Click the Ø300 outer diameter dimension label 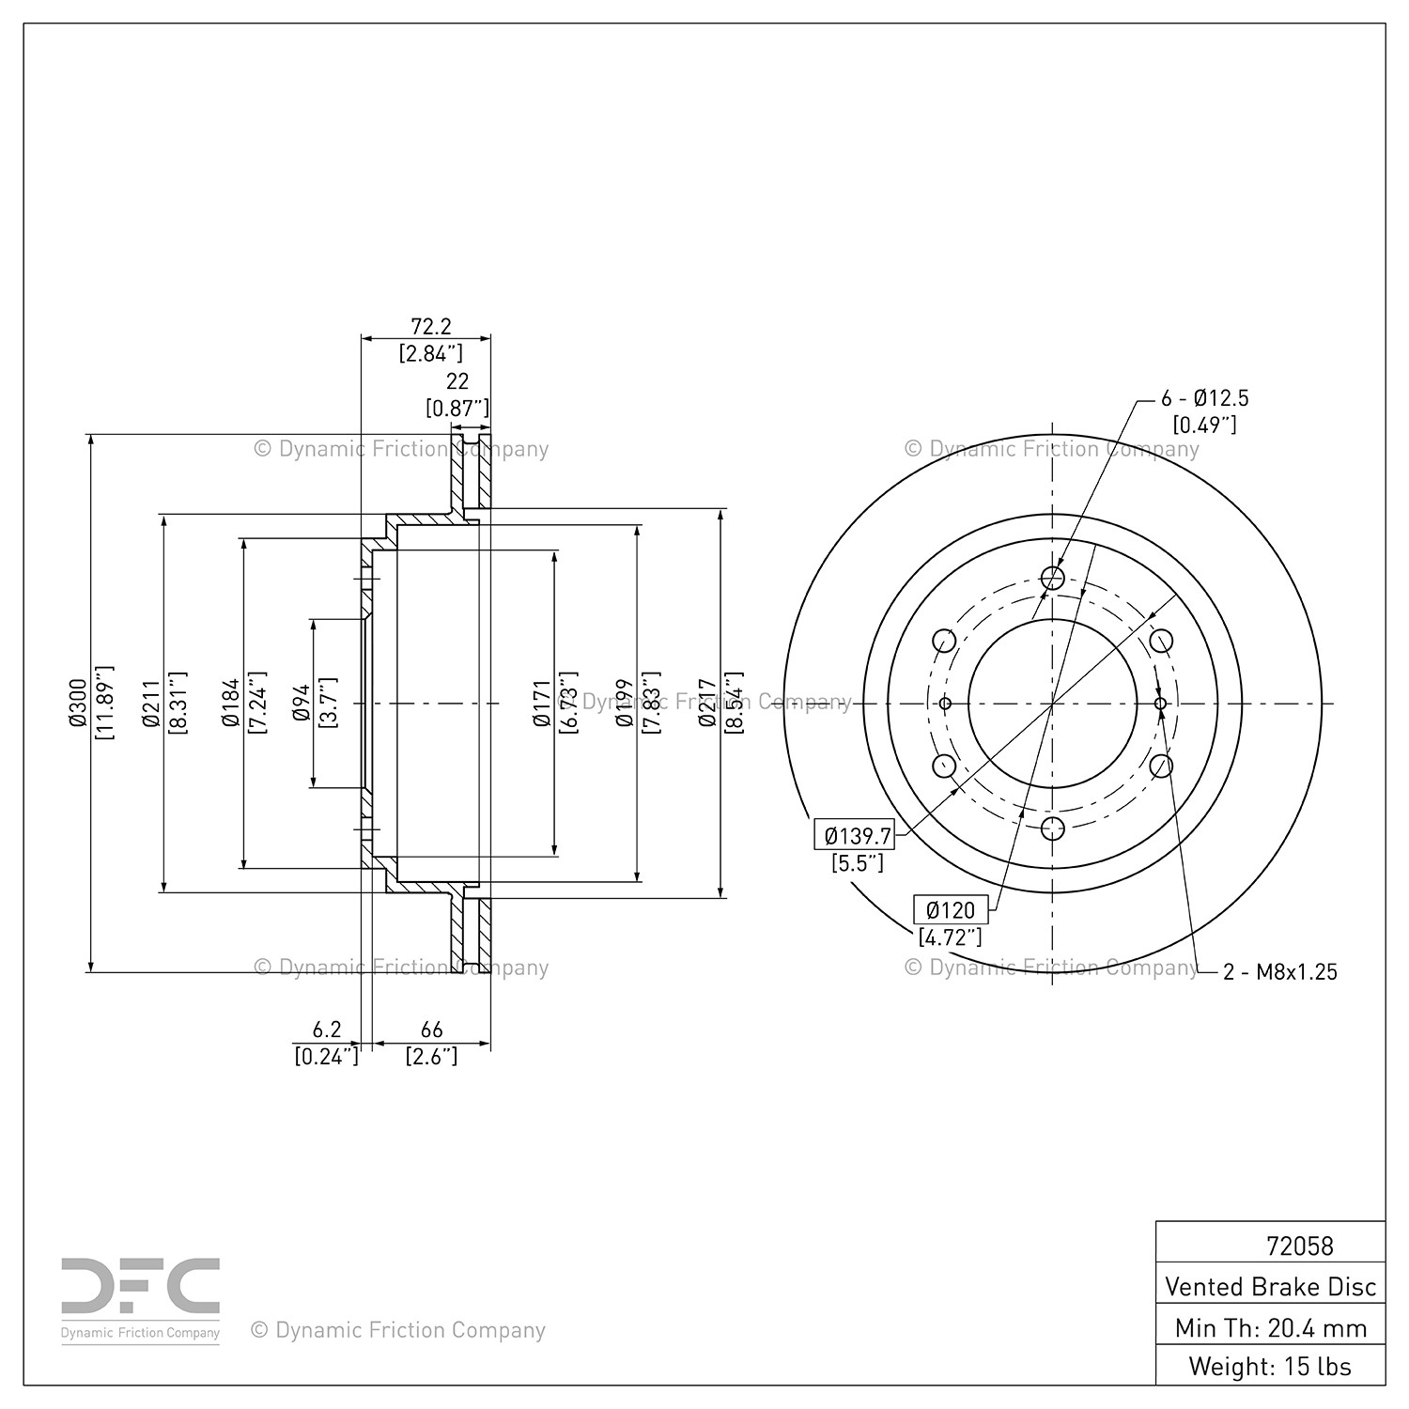click(78, 703)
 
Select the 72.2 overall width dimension click(431, 326)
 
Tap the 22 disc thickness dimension click(457, 380)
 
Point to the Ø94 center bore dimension click(302, 703)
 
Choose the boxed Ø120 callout click(951, 909)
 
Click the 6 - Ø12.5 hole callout click(1205, 398)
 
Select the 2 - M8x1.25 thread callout click(1279, 972)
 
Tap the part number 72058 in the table click(1299, 1246)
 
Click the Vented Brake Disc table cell click(1270, 1286)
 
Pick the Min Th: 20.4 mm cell click(1270, 1327)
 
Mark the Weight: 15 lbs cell click(1270, 1367)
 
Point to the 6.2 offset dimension click(326, 1030)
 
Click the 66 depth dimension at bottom click(431, 1030)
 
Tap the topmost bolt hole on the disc click(1053, 578)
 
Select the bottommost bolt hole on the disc click(1053, 828)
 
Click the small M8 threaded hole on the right click(1161, 704)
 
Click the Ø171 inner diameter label click(541, 703)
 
